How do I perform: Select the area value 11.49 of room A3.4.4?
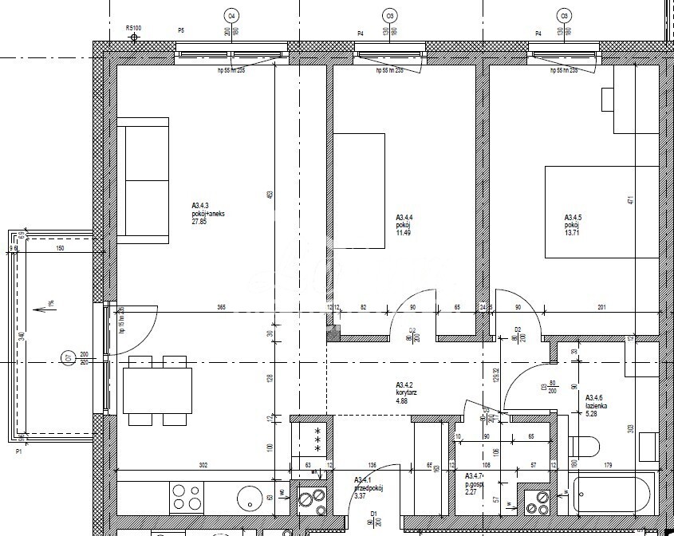pos(404,232)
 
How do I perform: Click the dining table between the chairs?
pos(157,390)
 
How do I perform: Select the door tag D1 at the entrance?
pos(372,514)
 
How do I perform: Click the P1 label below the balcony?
pos(19,451)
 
